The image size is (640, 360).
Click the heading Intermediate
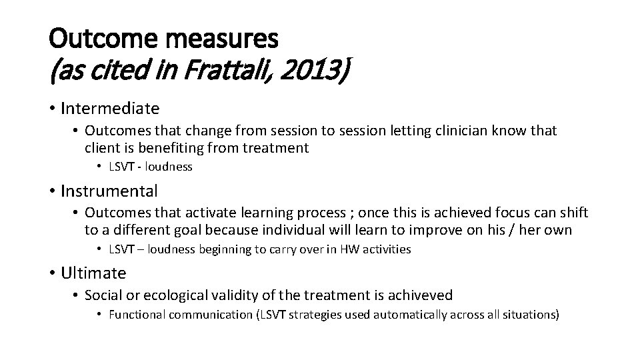(110, 107)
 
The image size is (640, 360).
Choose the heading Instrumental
(109, 191)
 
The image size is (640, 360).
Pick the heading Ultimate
(93, 273)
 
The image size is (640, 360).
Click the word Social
(103, 295)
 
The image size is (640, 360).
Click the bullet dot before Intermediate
(51, 108)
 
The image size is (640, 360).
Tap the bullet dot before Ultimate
(51, 273)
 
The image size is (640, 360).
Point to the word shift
(575, 213)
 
